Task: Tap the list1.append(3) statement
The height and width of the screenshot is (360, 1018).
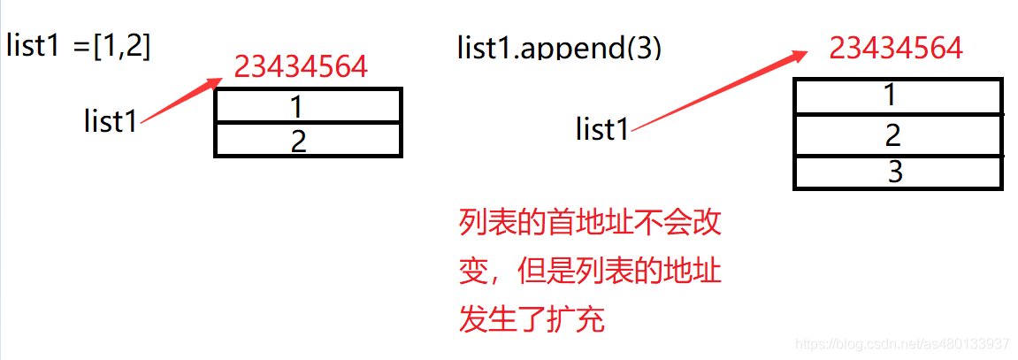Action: coord(559,47)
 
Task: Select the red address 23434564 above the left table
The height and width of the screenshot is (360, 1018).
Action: coord(301,66)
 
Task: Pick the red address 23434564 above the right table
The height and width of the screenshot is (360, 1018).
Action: coord(896,47)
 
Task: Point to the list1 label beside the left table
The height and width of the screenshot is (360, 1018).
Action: coord(111,121)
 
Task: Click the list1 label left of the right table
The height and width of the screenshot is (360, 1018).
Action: coord(602,130)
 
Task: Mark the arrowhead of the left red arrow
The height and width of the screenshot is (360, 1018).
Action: coord(216,82)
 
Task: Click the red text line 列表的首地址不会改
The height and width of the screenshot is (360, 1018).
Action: coord(591,221)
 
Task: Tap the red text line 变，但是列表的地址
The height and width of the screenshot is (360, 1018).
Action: coord(591,270)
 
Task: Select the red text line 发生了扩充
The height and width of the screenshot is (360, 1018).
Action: coord(532,318)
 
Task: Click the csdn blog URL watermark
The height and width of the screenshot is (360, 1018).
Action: coord(902,343)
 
